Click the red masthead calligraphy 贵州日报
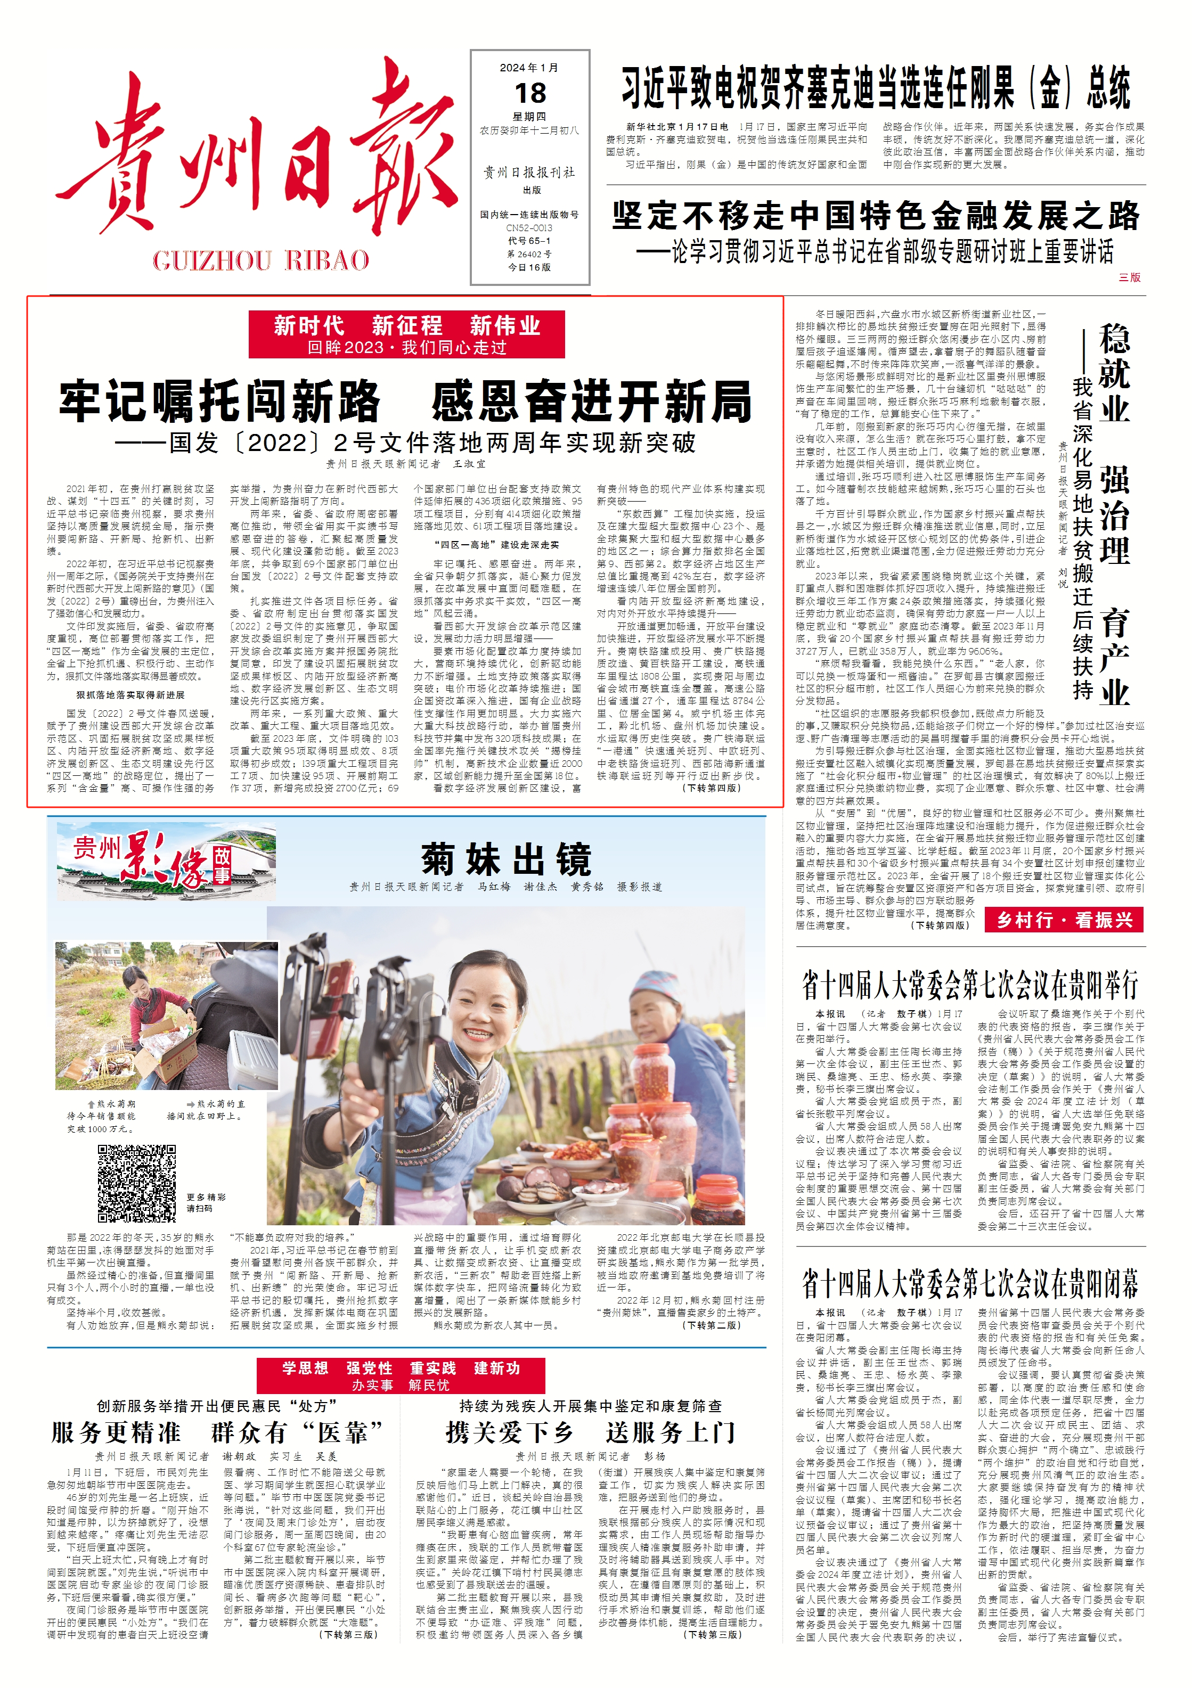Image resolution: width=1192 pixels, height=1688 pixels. coord(257,154)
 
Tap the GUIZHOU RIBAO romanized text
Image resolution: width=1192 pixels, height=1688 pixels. coord(261,260)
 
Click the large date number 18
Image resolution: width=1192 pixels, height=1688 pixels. coord(530,93)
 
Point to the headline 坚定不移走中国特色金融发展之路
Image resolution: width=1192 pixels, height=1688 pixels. coord(875,216)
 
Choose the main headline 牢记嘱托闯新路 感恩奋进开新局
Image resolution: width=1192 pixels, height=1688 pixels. coord(406,401)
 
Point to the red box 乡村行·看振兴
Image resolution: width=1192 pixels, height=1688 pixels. coord(1064,920)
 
